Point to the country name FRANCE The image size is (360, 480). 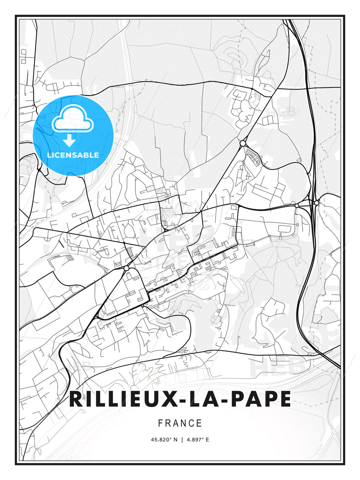[x=180, y=423]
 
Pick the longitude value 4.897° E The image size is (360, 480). [x=198, y=440]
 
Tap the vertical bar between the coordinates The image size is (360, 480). [x=182, y=440]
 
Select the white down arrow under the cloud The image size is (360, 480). [x=69, y=141]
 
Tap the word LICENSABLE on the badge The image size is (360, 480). [x=73, y=155]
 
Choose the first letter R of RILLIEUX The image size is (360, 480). [x=76, y=399]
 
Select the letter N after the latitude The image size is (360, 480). [x=175, y=440]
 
